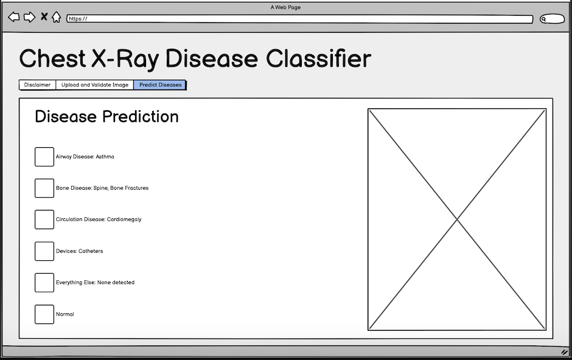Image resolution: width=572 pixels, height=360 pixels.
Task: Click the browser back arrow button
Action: (x=14, y=17)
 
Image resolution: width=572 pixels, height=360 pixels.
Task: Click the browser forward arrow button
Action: (x=29, y=17)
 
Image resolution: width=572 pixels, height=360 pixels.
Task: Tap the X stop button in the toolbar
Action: (x=44, y=16)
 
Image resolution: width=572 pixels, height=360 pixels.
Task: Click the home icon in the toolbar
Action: (x=56, y=17)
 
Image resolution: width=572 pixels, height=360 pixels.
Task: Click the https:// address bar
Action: (x=299, y=19)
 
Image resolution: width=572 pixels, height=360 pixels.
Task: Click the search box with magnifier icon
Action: (x=552, y=19)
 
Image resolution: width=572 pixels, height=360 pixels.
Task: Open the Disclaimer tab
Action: (x=37, y=85)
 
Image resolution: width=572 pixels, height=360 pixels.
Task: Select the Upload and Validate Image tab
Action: (x=95, y=85)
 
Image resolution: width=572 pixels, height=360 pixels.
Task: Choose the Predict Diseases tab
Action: (x=160, y=85)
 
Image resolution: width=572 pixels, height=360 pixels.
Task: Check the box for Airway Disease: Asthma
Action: (x=44, y=157)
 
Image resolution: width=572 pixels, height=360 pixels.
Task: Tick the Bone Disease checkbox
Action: (x=44, y=188)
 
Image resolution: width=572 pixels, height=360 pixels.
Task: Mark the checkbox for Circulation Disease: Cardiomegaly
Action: (x=44, y=220)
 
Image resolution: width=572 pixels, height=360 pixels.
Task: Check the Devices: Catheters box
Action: (x=44, y=251)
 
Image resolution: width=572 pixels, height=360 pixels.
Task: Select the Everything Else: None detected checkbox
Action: (x=44, y=282)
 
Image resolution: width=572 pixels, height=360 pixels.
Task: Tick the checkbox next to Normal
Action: (x=44, y=314)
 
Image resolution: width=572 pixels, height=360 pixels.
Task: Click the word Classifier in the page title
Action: (x=318, y=58)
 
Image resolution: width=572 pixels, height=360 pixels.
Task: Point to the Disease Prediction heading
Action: (x=106, y=117)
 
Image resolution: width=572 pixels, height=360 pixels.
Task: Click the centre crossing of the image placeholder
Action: (x=457, y=220)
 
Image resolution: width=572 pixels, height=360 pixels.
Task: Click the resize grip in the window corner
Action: (x=564, y=352)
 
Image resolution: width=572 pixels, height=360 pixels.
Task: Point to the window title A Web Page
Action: (x=285, y=7)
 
